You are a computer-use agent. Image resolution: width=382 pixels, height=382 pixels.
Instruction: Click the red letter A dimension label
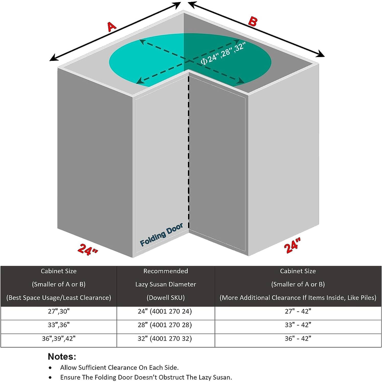[x=112, y=27]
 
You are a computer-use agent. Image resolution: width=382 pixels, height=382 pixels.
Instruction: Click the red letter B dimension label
[x=252, y=22]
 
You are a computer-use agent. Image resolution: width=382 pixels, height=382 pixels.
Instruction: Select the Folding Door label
[x=161, y=234]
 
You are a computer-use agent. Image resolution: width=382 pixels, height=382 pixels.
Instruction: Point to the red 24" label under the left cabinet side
[x=88, y=249]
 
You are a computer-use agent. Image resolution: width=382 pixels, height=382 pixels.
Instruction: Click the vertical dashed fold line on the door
[x=189, y=153]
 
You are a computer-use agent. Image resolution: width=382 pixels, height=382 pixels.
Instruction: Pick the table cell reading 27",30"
[x=59, y=311]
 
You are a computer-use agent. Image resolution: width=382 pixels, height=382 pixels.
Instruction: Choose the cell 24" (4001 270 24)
[x=165, y=311]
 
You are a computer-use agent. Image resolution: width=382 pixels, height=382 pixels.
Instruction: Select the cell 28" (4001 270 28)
[x=165, y=325]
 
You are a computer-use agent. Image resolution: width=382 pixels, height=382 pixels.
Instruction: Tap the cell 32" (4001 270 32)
[x=165, y=339]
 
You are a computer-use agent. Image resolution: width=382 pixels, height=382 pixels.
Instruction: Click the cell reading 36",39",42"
[x=59, y=339]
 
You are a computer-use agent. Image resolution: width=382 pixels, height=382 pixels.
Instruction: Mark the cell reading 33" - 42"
[x=298, y=325]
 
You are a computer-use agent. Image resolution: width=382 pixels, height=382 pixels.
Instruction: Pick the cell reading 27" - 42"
[x=298, y=311]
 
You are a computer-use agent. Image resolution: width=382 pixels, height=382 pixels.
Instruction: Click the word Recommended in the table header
[x=165, y=271]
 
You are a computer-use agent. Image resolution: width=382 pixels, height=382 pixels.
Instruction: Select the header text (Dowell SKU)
[x=165, y=298]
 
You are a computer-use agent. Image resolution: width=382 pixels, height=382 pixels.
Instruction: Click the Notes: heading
[x=62, y=356]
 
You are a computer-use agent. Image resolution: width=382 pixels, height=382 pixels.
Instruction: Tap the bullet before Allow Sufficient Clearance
[x=50, y=368]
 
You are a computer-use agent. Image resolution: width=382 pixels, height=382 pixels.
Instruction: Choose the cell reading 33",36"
[x=59, y=325]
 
